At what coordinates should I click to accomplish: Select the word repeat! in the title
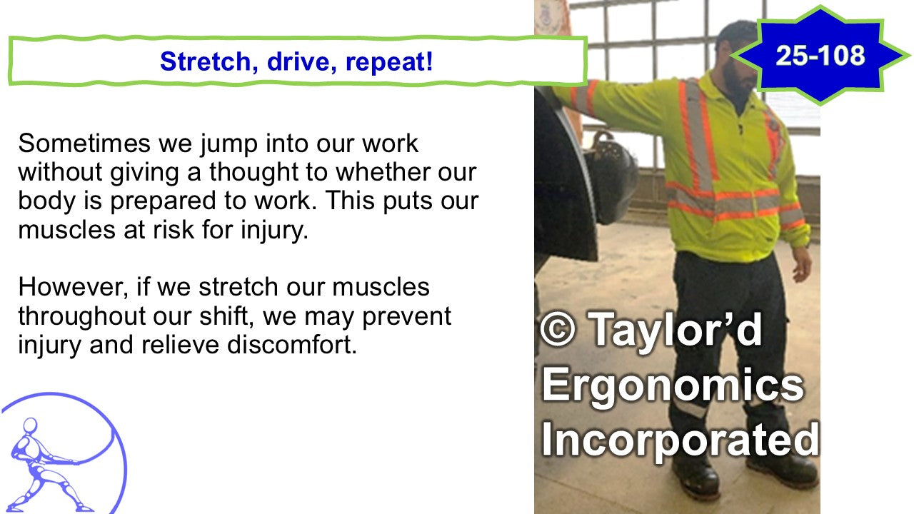389,62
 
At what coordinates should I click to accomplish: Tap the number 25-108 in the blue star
820,56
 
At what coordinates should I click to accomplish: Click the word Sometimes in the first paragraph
84,143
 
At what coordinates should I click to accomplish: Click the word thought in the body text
253,172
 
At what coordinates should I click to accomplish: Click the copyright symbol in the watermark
558,330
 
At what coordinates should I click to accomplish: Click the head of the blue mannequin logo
30,426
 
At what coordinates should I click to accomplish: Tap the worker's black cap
736,32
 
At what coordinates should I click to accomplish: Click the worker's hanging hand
800,265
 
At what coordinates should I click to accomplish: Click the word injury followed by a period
273,231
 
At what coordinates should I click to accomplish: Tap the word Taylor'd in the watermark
676,331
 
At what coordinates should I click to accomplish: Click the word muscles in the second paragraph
381,287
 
